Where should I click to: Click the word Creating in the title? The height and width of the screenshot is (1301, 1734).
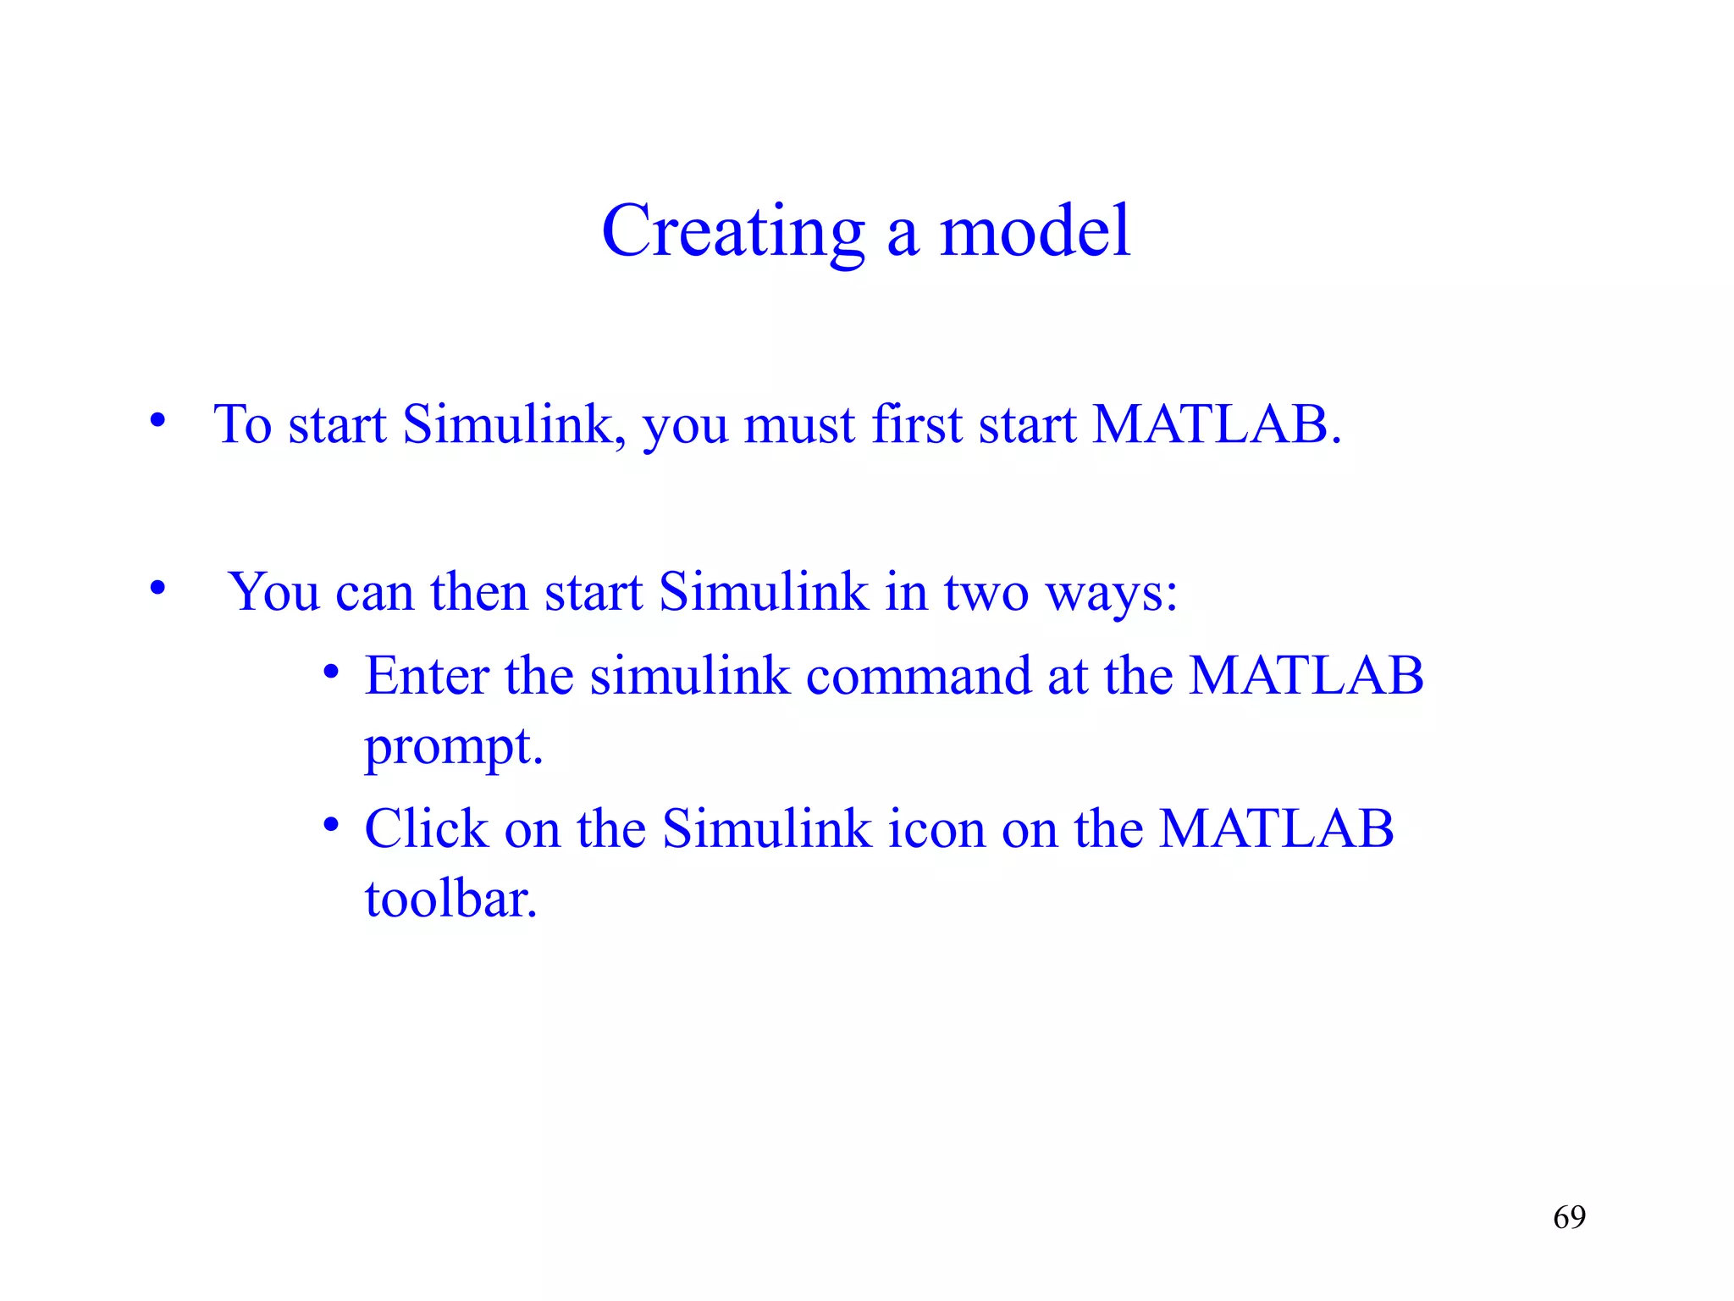(x=732, y=232)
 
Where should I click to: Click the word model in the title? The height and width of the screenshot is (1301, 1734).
(x=1035, y=232)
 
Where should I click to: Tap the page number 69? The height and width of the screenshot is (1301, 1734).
(x=1569, y=1217)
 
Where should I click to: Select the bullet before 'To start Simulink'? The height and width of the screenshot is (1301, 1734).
(x=157, y=420)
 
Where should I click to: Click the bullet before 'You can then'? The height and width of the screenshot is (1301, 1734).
(x=157, y=587)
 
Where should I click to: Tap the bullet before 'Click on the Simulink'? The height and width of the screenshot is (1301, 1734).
(x=331, y=825)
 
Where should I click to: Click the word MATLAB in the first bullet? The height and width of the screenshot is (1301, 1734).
(x=1216, y=424)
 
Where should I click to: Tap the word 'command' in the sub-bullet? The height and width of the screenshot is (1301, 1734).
(x=918, y=676)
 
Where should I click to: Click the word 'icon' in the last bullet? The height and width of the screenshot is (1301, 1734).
(x=936, y=828)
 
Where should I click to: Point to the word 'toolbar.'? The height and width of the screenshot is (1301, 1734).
(x=451, y=898)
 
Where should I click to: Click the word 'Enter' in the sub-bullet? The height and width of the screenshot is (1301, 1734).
(x=427, y=676)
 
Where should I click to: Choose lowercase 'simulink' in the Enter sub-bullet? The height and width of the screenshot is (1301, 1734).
(x=689, y=676)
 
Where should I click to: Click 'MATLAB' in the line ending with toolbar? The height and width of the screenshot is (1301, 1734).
(x=1276, y=828)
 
